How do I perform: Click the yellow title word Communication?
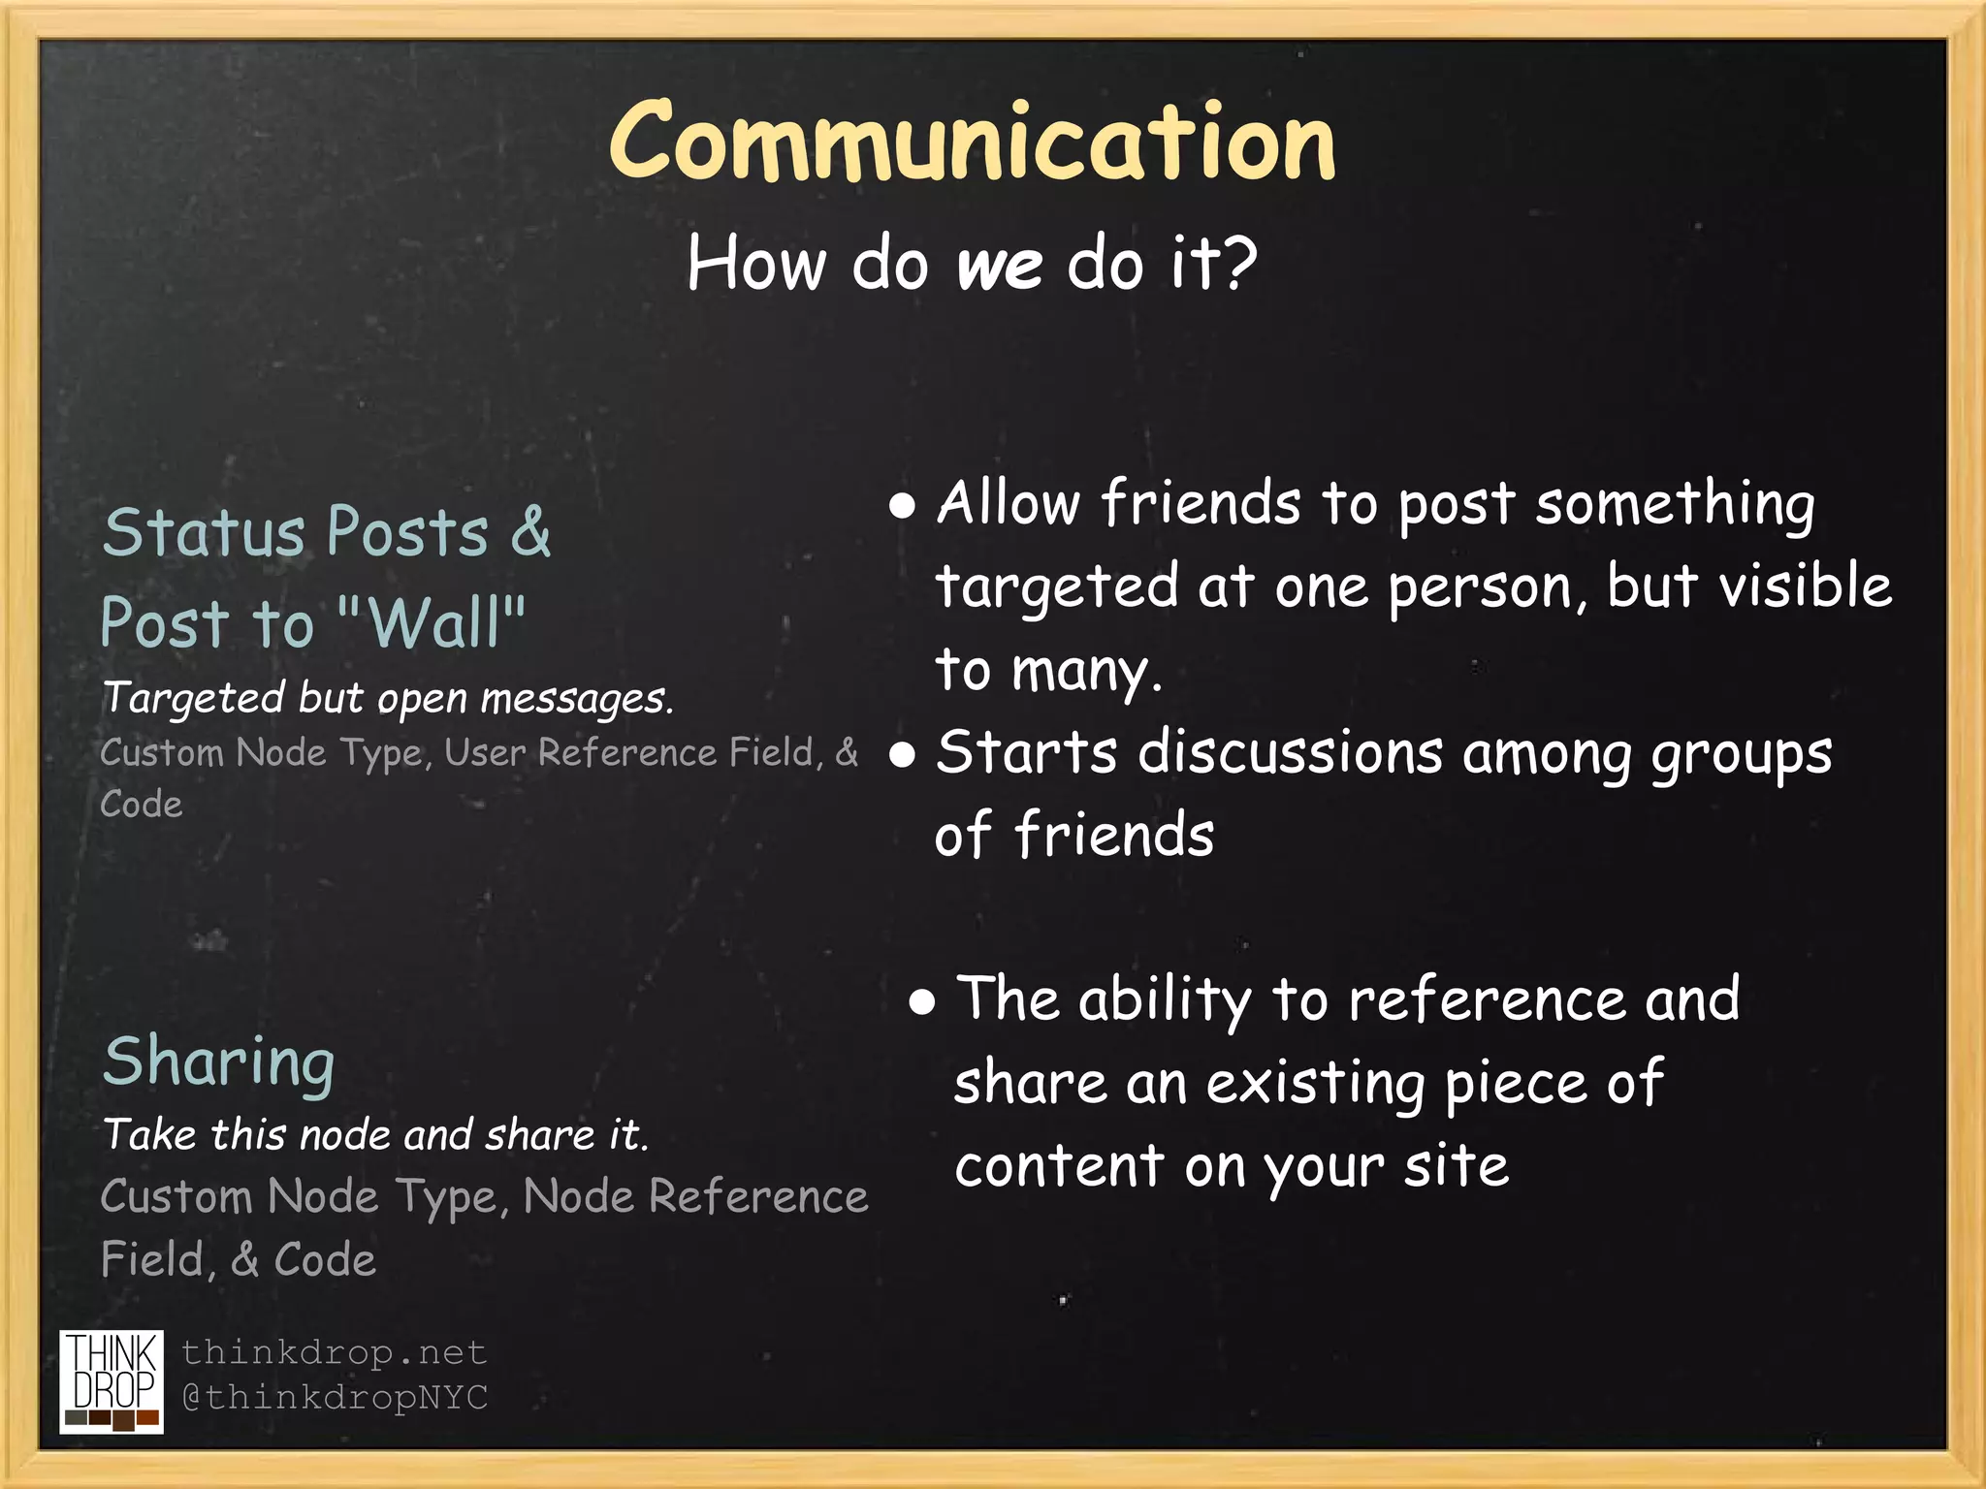click(973, 143)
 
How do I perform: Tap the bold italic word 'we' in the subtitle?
click(1000, 265)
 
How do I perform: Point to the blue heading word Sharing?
click(219, 1061)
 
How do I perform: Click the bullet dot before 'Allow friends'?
click(902, 506)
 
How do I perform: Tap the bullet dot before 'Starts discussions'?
click(902, 755)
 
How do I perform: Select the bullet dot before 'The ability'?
click(922, 1002)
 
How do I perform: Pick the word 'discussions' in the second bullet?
click(1290, 753)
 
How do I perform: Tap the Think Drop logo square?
click(112, 1381)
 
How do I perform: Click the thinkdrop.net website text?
click(334, 1351)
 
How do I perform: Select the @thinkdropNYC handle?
click(336, 1397)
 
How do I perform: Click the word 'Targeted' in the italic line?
click(193, 699)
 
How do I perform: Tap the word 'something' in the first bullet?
click(1674, 504)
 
